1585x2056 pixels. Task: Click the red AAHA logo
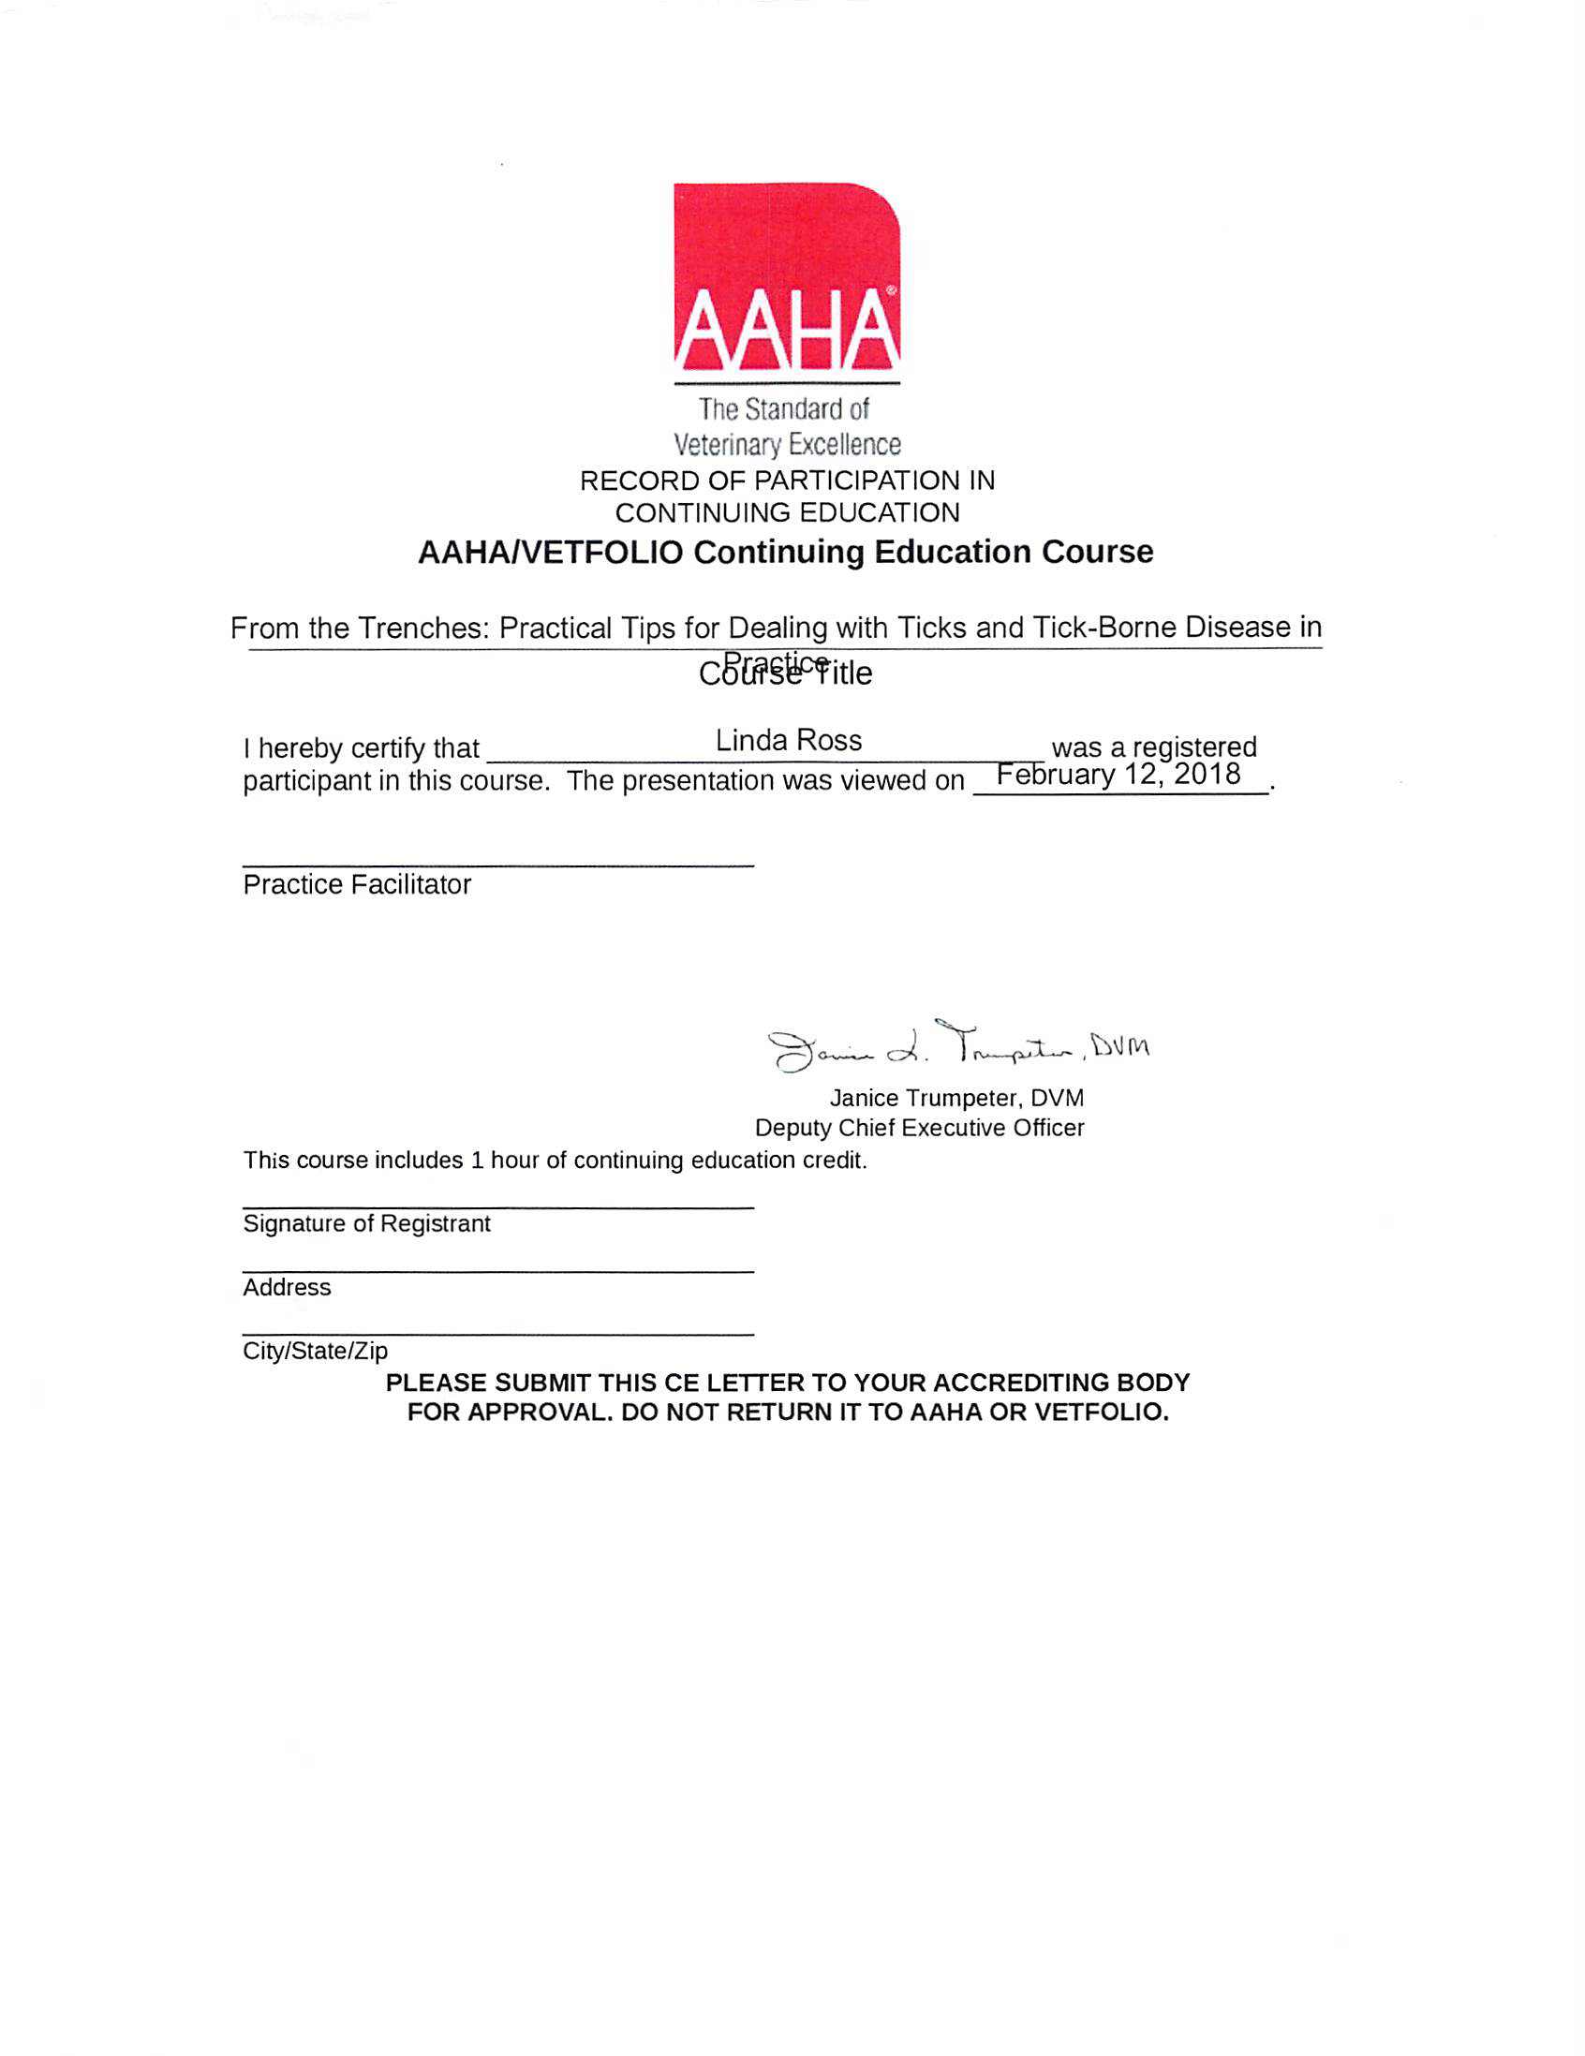coord(786,277)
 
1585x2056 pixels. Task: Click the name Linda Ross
coord(788,741)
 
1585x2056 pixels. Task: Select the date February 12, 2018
coord(1118,774)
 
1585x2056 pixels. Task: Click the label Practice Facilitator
coord(357,885)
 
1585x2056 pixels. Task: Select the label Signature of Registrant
coord(366,1224)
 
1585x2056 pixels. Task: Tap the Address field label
coord(286,1288)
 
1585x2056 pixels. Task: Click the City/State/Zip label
coord(315,1352)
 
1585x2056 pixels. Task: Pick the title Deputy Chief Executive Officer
coord(919,1128)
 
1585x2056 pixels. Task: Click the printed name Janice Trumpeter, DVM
coord(956,1099)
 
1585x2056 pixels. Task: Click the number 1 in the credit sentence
coord(477,1161)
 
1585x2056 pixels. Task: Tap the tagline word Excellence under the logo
coord(844,444)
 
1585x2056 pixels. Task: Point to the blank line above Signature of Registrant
coord(498,1206)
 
